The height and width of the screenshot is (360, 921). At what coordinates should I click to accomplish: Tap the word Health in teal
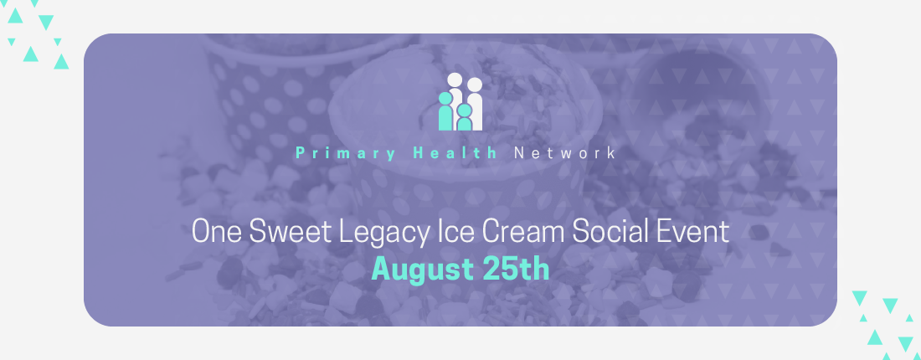tap(455, 153)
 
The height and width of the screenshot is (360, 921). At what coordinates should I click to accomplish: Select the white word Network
tap(565, 153)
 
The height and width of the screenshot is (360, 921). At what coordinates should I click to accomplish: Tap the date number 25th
tap(516, 269)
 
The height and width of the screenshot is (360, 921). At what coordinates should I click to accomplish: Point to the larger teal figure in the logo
tap(445, 111)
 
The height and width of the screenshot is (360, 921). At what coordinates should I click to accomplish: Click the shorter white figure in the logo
tap(475, 105)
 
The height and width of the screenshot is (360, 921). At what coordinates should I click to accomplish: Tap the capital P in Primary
tap(300, 153)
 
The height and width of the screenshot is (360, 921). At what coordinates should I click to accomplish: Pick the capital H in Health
tap(419, 153)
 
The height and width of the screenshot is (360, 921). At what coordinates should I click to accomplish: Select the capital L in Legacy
tap(346, 231)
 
